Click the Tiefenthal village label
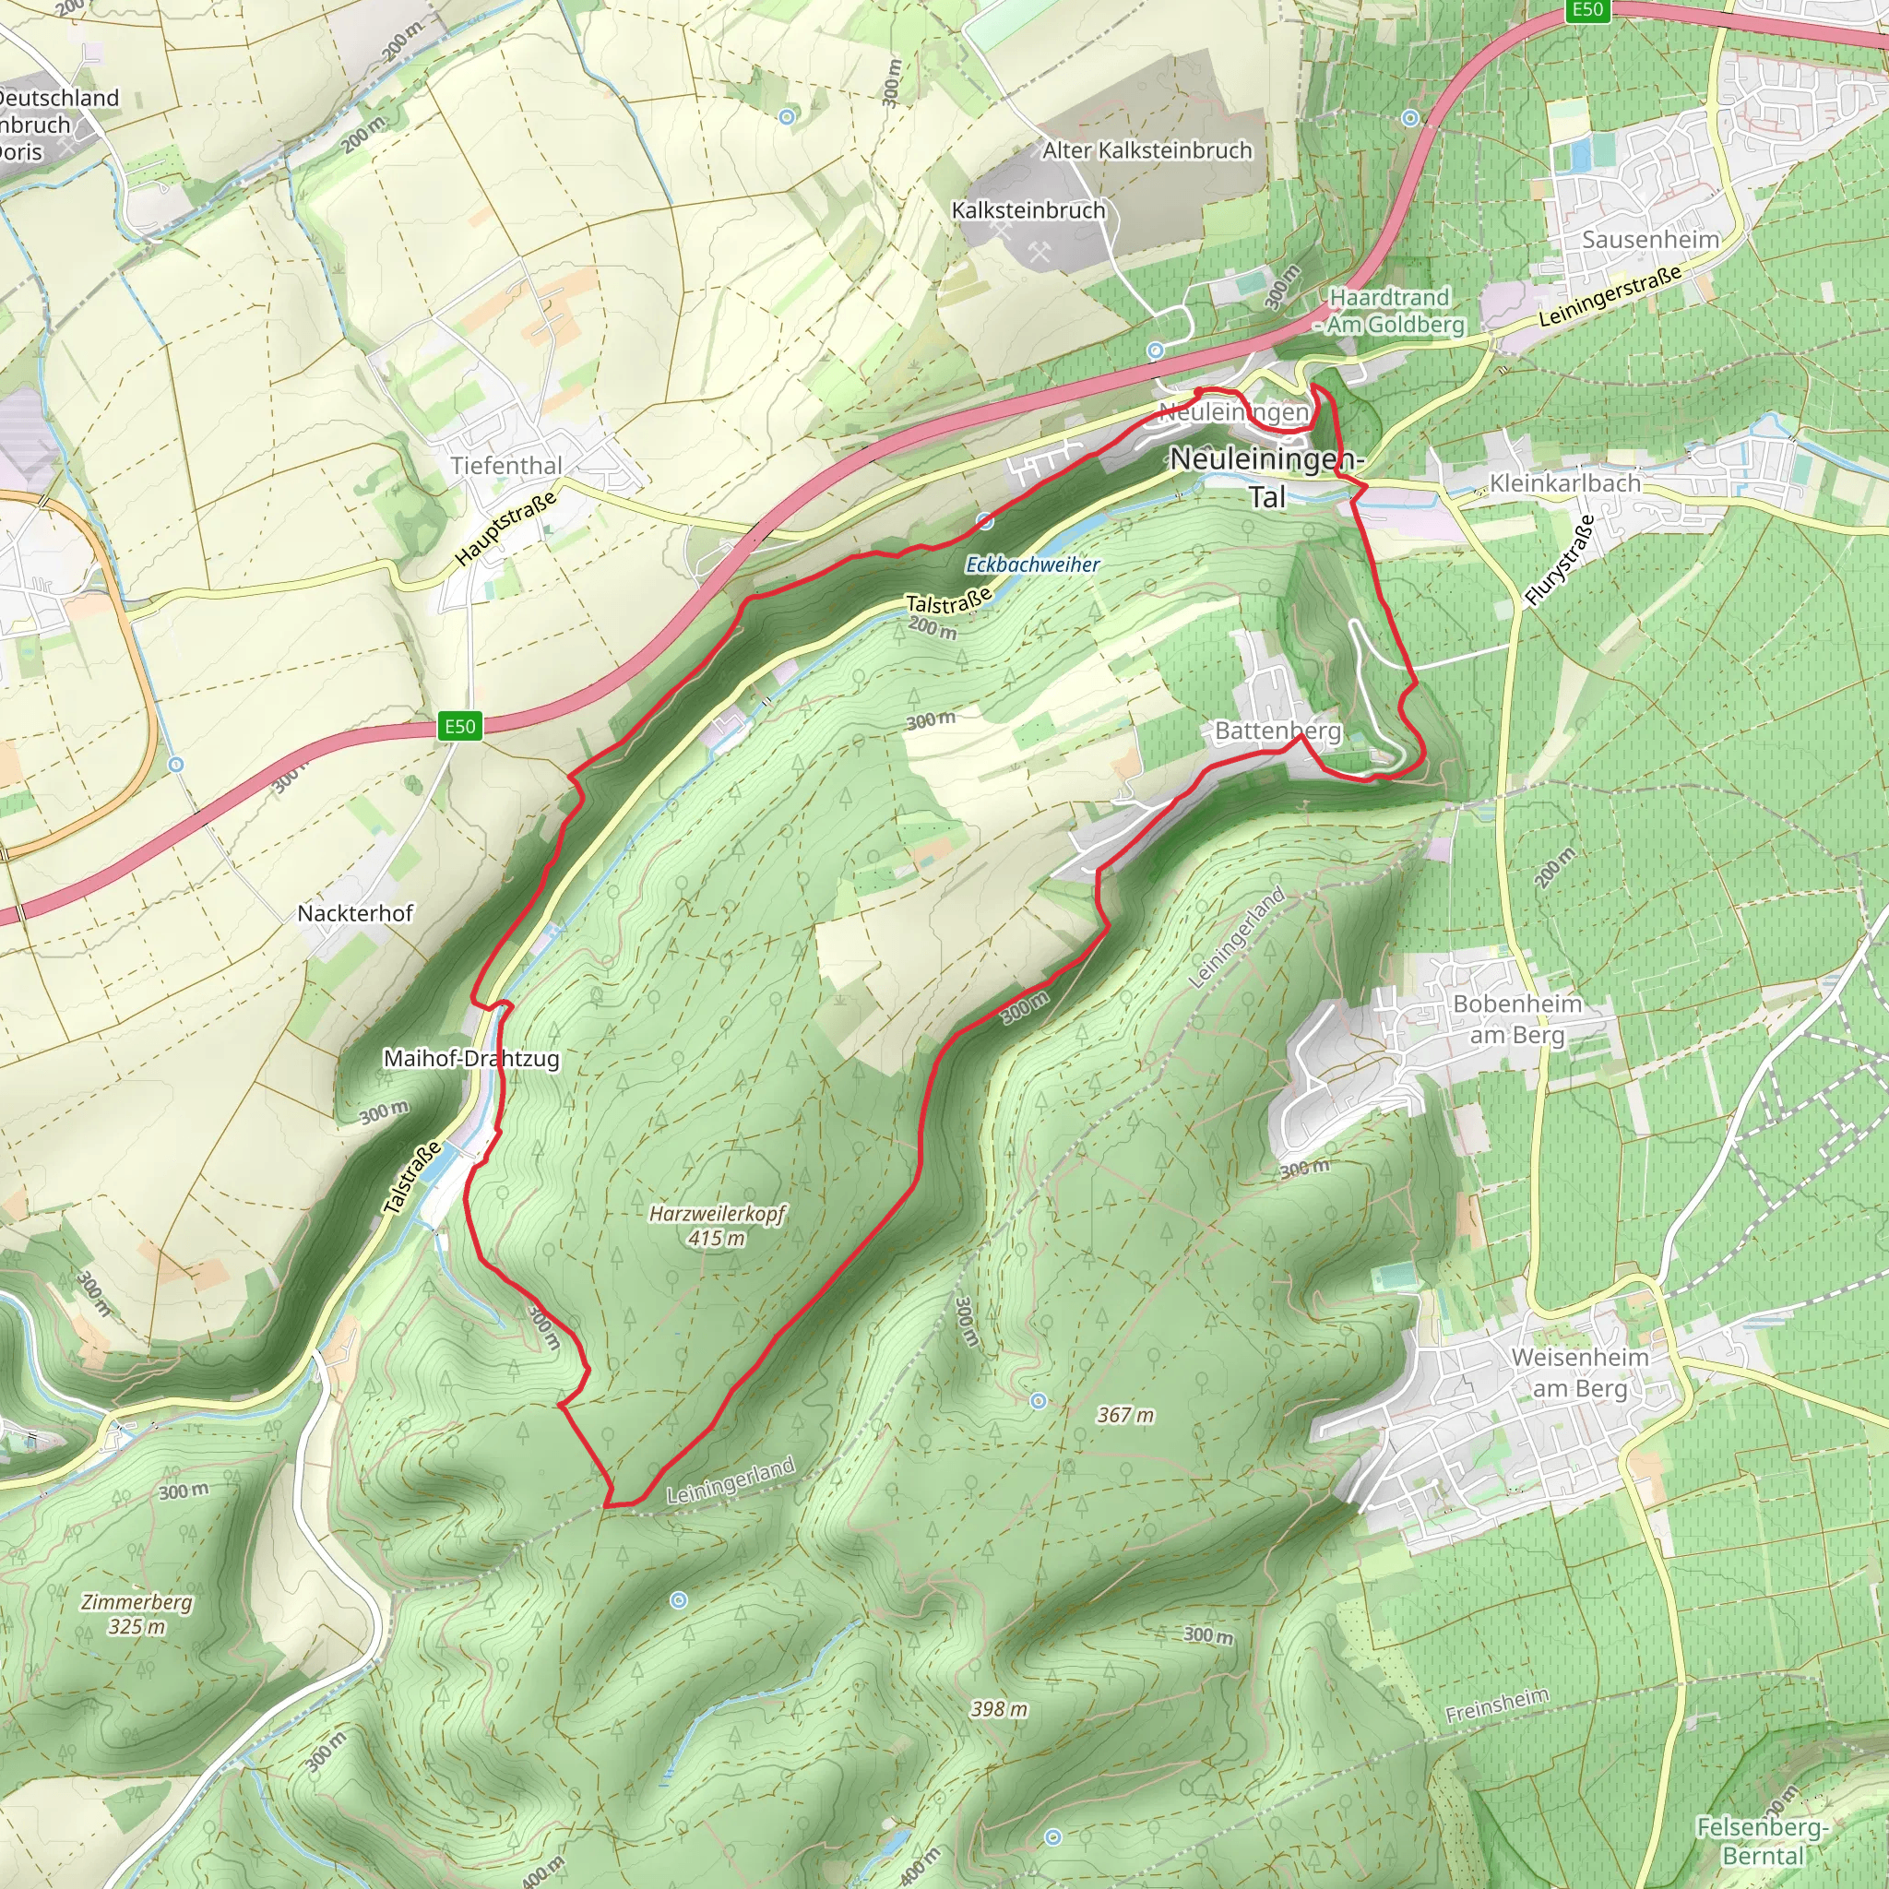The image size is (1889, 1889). coord(506,466)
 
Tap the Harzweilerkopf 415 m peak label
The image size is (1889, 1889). coord(717,1225)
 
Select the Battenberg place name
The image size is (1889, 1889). coord(1277,731)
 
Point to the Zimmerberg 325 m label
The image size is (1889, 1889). coord(137,1613)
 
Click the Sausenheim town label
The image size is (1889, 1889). coord(1650,240)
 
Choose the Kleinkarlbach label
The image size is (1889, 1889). coord(1564,483)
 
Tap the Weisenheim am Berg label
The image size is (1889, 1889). coord(1580,1372)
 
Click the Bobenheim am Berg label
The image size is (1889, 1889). coord(1517,1019)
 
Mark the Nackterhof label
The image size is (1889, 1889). coord(355,913)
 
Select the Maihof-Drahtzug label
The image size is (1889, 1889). coord(471,1058)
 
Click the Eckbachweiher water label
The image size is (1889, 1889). coord(1032,564)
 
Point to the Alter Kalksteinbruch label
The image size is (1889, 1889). coord(1146,150)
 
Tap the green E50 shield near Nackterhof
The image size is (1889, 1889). coord(459,727)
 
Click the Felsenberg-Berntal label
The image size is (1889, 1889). coord(1762,1841)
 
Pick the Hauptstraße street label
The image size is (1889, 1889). coord(505,528)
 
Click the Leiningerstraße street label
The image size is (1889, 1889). coord(1610,296)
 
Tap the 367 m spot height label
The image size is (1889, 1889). coord(1124,1415)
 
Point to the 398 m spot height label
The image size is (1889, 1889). coord(998,1709)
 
